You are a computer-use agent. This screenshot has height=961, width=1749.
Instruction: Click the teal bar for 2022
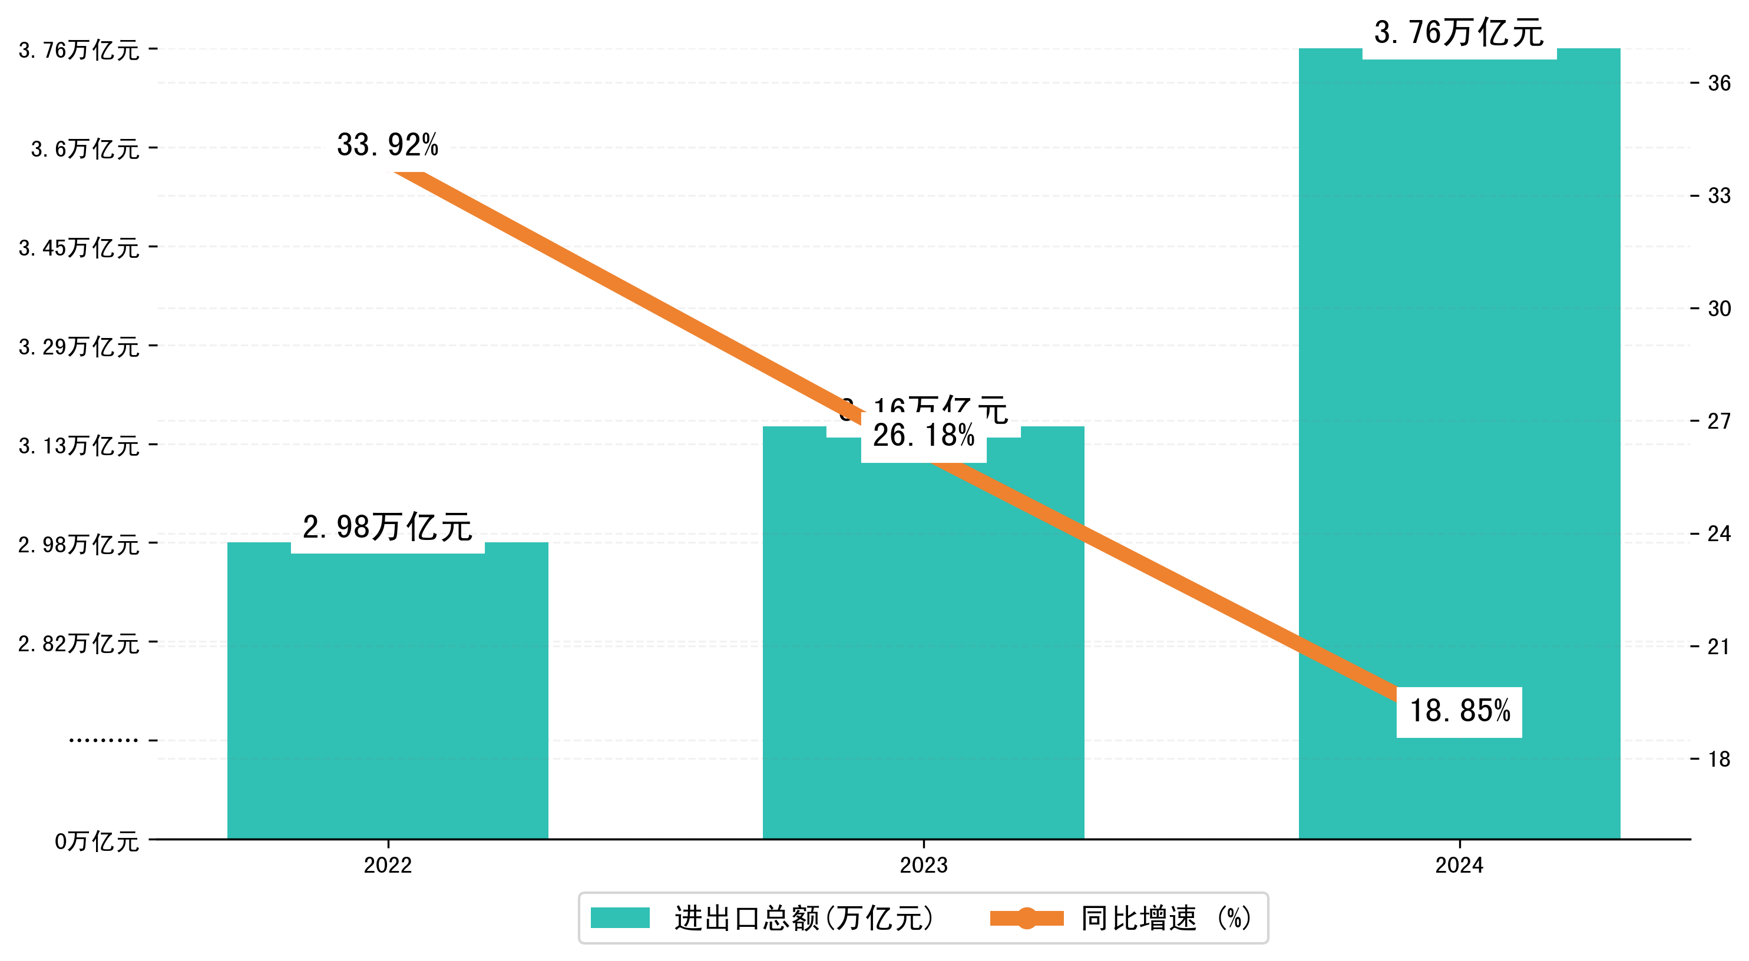[388, 692]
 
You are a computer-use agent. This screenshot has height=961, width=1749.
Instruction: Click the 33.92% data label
[388, 144]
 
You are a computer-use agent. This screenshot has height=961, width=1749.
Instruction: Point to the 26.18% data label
[923, 436]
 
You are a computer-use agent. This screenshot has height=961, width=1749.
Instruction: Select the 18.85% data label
[1460, 711]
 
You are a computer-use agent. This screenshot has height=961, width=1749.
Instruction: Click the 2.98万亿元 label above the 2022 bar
[388, 528]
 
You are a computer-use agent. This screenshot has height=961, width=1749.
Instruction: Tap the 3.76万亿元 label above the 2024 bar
[1459, 32]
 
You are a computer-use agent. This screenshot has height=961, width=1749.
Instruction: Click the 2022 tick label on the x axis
[388, 865]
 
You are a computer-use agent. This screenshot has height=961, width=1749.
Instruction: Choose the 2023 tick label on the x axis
[923, 865]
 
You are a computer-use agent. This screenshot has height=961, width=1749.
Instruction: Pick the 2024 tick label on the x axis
[1459, 865]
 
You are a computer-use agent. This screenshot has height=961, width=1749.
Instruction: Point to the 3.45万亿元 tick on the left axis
[79, 248]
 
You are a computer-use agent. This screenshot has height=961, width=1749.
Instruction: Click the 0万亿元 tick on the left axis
[97, 841]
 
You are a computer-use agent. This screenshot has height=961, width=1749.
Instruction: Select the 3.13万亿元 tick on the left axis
[79, 446]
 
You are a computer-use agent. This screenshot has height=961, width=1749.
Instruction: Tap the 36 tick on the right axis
[1719, 84]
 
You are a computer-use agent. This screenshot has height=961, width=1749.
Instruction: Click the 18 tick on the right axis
[1719, 760]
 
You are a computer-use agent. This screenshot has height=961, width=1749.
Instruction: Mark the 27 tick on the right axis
[1719, 422]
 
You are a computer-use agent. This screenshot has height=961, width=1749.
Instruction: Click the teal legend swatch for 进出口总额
[620, 918]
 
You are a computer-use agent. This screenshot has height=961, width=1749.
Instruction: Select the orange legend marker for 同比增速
[1027, 918]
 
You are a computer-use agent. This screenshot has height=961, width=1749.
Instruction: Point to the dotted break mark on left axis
[103, 740]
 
